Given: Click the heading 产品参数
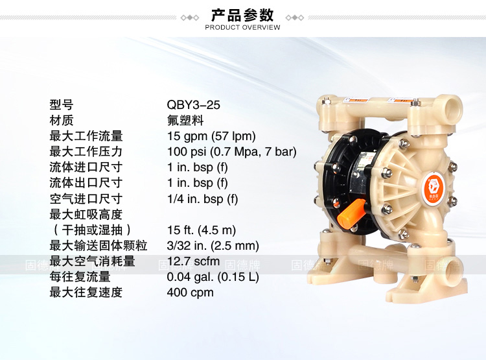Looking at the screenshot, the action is click(x=242, y=14).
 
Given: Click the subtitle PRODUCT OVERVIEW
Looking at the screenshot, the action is click(x=242, y=27).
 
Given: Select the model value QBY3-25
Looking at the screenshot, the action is click(x=193, y=105).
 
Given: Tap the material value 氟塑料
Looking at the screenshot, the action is click(x=185, y=121).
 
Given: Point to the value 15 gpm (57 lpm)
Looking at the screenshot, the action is click(x=211, y=136).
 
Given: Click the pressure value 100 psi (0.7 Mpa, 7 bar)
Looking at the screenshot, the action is click(x=232, y=152).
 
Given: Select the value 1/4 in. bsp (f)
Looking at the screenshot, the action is click(x=202, y=199).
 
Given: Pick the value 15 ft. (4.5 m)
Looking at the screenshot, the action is click(x=202, y=230).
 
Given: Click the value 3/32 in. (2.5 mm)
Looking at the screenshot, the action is click(x=213, y=246).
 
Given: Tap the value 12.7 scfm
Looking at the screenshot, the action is click(x=193, y=261).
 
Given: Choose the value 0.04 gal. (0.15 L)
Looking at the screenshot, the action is click(x=213, y=277).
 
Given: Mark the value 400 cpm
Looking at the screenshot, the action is click(x=191, y=293).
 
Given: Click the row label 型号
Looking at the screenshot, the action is click(x=62, y=105).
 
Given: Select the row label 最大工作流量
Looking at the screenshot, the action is click(x=86, y=136).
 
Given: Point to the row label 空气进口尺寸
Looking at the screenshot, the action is click(x=86, y=199).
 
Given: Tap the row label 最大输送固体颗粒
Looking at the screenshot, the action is click(x=98, y=246).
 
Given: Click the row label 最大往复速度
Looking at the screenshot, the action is click(x=86, y=293).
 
